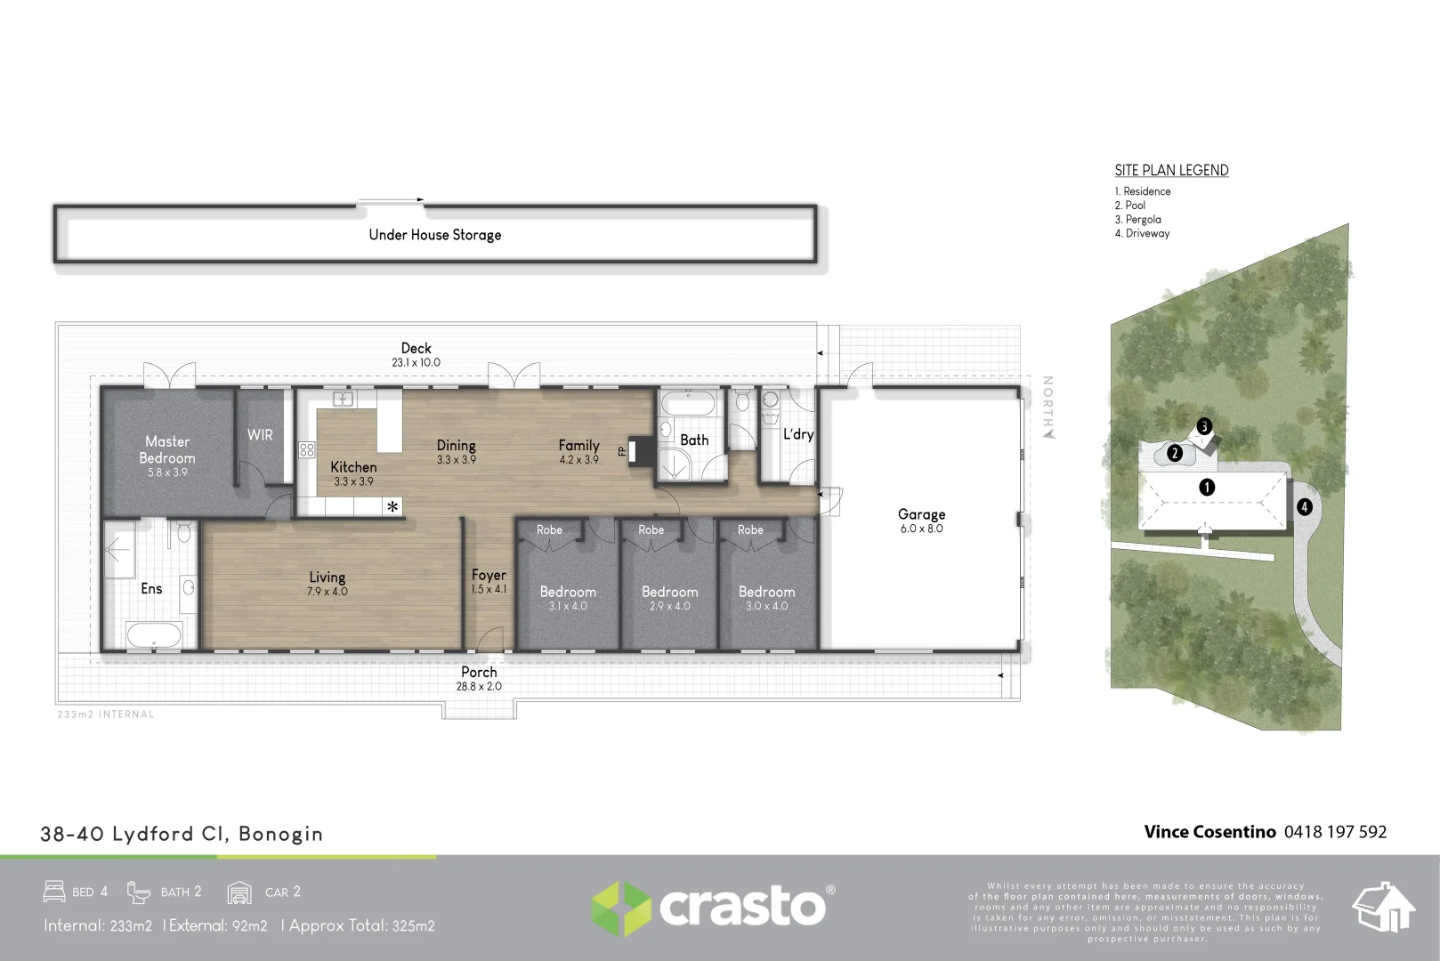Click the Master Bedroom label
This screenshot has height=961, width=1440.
(167, 455)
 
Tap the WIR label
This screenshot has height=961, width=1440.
(260, 435)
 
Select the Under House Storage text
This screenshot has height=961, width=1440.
(435, 235)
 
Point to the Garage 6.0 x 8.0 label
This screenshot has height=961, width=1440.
(921, 521)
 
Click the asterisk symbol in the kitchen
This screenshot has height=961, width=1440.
(392, 507)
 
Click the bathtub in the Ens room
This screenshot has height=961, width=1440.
(154, 635)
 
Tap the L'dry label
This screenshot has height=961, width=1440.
(797, 434)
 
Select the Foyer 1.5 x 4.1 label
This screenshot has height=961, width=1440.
(489, 581)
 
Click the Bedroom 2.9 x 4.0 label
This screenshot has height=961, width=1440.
(669, 597)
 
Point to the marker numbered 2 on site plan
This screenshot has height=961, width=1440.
(1175, 454)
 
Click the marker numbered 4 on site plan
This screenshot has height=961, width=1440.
(1304, 507)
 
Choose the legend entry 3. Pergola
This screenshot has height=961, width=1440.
(1137, 220)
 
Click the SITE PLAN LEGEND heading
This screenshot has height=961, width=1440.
(1171, 170)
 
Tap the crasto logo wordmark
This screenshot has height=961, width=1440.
(741, 907)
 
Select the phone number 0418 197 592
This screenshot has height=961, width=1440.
(1335, 832)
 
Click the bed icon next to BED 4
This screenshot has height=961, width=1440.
(54, 891)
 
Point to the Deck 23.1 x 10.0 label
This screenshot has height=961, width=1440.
(416, 354)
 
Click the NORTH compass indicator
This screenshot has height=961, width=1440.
(1048, 407)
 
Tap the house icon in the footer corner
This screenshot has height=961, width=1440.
(1383, 908)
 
